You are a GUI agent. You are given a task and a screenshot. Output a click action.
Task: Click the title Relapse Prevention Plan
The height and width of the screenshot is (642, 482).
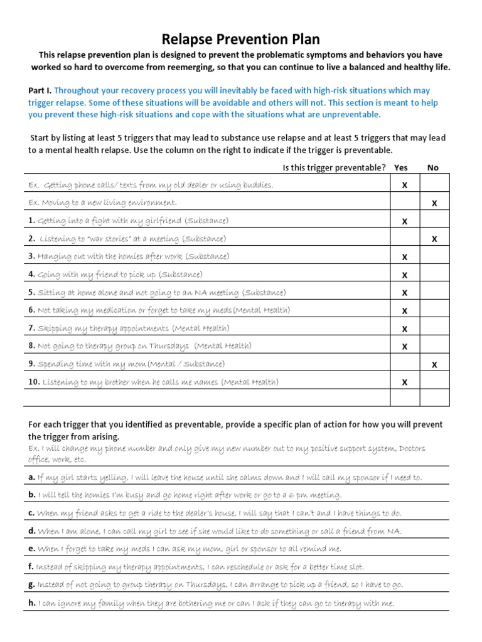(x=240, y=40)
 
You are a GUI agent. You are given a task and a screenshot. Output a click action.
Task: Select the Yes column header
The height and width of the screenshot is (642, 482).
(x=400, y=167)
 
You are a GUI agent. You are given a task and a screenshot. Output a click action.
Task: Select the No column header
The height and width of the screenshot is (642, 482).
(x=433, y=167)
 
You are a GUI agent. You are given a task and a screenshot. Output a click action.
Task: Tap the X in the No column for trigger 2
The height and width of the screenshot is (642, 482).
(x=434, y=239)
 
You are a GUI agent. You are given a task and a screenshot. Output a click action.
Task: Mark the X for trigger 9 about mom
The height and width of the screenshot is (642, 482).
(x=434, y=364)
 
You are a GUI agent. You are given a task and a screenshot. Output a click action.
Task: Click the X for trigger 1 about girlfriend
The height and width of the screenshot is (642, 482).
(x=404, y=221)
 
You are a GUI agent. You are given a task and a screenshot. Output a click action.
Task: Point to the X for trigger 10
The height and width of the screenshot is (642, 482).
(x=404, y=382)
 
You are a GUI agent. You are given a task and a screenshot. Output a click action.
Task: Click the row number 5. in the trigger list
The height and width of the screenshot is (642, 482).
(x=32, y=293)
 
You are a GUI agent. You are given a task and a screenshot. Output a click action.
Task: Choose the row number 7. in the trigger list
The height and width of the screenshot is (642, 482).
(x=32, y=329)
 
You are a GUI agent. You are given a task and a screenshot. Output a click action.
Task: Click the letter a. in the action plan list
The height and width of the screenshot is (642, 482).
(x=31, y=477)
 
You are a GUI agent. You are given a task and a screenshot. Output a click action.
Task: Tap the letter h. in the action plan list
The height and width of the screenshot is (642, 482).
(x=31, y=604)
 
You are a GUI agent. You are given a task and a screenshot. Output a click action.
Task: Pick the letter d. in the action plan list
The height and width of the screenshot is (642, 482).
(x=31, y=532)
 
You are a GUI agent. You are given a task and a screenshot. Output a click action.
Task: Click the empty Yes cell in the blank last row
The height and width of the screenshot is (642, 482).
(x=404, y=398)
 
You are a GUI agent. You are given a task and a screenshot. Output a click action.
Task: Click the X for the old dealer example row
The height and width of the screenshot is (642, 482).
(x=404, y=186)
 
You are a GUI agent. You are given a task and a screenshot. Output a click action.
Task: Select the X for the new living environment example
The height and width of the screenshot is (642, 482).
(x=434, y=203)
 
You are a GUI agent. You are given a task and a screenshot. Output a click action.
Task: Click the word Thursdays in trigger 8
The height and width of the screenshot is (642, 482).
(x=168, y=346)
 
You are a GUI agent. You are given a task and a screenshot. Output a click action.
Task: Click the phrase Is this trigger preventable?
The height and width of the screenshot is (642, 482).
(x=334, y=167)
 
